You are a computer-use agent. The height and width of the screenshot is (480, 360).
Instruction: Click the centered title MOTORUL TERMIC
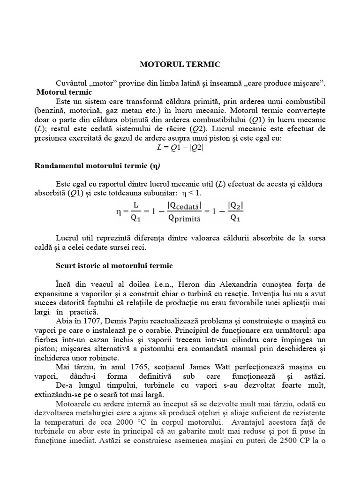coord(180,64)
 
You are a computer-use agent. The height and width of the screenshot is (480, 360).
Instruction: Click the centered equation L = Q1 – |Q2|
coord(180,147)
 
